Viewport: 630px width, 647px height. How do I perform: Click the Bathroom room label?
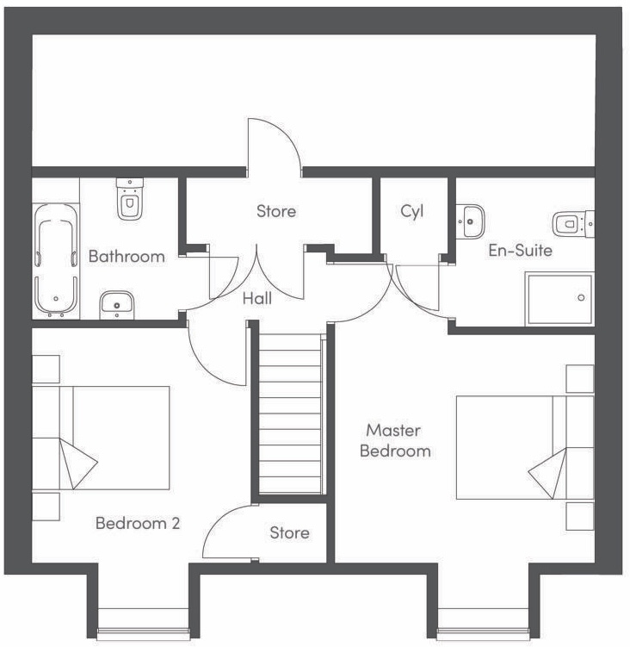point(127,256)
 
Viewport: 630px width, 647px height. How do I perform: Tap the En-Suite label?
point(521,250)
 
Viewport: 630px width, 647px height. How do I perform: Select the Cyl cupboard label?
point(412,211)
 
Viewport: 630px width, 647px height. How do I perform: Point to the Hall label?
point(256,298)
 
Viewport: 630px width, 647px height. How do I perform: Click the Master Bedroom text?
point(395,440)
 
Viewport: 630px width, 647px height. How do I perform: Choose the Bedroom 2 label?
point(138,523)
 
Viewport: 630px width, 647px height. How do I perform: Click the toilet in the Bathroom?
point(129,199)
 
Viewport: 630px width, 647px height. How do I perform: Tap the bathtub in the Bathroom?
point(56,260)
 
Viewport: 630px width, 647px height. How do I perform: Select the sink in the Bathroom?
point(117,305)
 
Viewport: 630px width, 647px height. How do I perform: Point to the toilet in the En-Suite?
point(573,224)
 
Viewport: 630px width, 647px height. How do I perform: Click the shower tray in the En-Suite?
point(559,298)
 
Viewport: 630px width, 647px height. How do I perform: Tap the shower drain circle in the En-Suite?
point(581,297)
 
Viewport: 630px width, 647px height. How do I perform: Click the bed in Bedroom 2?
point(101,438)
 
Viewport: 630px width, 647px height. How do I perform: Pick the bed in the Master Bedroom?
point(525,448)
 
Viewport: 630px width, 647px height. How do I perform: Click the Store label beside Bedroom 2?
point(289,532)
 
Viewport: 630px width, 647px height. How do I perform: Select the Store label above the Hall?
point(276,211)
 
